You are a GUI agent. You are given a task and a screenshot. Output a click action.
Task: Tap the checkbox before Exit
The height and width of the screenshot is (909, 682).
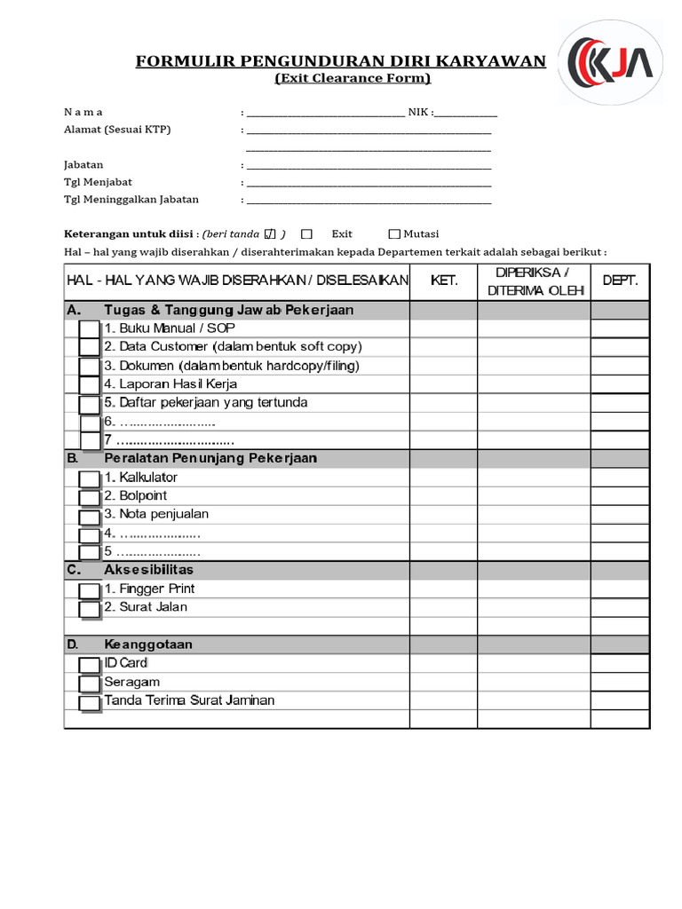pyautogui.click(x=306, y=234)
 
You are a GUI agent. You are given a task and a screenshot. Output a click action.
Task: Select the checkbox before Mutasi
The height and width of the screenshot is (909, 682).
pyautogui.click(x=394, y=234)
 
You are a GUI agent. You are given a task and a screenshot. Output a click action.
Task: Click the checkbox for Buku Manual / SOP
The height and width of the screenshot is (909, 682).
pyautogui.click(x=89, y=329)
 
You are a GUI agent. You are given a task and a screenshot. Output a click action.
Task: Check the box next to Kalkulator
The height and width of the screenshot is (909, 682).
pyautogui.click(x=89, y=479)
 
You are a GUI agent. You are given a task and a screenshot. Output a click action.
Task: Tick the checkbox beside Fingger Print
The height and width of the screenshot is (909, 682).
pyautogui.click(x=89, y=590)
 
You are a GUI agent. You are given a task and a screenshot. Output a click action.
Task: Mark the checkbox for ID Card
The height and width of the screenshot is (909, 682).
pyautogui.click(x=89, y=665)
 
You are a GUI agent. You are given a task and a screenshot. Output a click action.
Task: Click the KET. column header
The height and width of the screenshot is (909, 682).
pyautogui.click(x=444, y=281)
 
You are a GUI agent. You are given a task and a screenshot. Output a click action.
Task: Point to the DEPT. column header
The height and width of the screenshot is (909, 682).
pyautogui.click(x=620, y=281)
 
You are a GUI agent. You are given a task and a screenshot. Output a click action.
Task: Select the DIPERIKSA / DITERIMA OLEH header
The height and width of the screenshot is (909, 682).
pyautogui.click(x=534, y=281)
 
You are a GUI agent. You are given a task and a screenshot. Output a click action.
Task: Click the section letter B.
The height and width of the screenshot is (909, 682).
pyautogui.click(x=72, y=458)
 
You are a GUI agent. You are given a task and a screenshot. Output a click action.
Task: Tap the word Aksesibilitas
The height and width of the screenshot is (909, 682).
pyautogui.click(x=148, y=569)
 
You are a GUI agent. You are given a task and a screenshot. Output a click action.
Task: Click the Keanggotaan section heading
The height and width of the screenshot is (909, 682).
pyautogui.click(x=148, y=644)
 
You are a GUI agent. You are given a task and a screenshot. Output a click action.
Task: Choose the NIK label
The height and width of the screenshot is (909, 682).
pyautogui.click(x=419, y=112)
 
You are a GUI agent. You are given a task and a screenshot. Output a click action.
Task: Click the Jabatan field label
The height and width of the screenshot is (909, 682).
pyautogui.click(x=83, y=164)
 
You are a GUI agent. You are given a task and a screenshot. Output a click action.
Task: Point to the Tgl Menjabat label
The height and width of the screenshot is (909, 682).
pyautogui.click(x=98, y=182)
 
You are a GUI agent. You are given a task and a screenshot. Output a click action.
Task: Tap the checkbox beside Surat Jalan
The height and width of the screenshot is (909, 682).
pyautogui.click(x=89, y=609)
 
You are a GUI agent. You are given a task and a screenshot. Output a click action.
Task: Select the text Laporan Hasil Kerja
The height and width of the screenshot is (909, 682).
pyautogui.click(x=170, y=383)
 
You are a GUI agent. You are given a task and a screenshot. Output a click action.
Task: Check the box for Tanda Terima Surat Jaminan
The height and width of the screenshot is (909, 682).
pyautogui.click(x=89, y=703)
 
